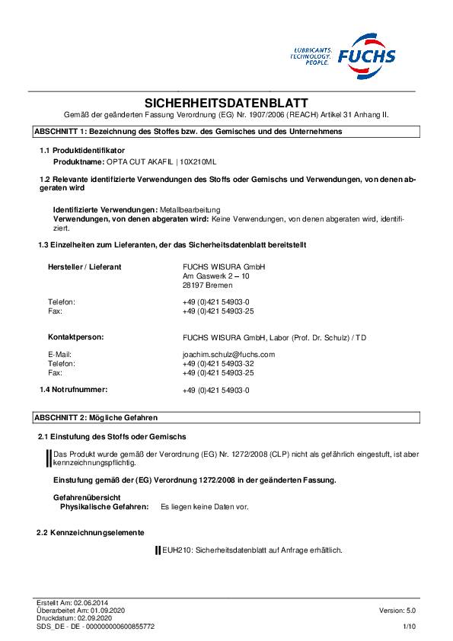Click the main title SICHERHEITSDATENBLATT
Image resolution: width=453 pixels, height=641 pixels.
point(226,103)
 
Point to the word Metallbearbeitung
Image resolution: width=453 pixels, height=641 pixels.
point(190,209)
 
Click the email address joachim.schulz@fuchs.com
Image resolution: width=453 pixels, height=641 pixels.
point(228,354)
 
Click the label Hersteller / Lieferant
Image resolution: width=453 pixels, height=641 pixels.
point(85,266)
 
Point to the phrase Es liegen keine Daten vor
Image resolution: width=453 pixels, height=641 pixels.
point(204,506)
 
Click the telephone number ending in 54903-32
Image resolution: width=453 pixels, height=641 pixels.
point(219,364)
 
